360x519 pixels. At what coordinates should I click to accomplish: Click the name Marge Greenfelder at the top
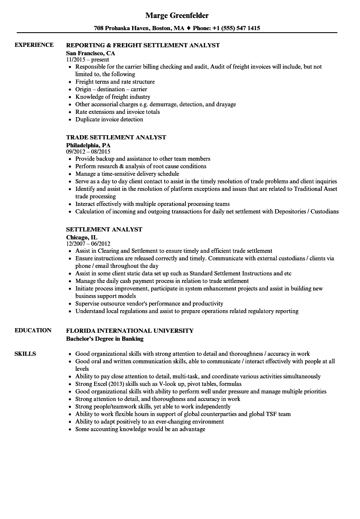tap(177, 15)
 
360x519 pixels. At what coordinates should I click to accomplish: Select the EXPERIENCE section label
tap(34, 45)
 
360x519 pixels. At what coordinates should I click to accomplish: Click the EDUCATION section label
tap(33, 330)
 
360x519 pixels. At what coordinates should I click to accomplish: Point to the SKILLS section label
tap(25, 354)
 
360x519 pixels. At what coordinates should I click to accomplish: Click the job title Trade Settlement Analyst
tap(116, 137)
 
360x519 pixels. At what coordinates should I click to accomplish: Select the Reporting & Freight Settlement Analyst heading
tap(143, 45)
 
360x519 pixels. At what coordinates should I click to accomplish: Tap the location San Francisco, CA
tap(90, 53)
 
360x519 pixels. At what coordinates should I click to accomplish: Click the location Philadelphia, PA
tap(88, 145)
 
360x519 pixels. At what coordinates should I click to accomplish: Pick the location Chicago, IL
tap(82, 237)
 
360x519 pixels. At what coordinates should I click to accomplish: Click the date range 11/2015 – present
tap(87, 60)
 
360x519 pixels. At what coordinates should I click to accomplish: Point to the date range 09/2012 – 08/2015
tap(88, 152)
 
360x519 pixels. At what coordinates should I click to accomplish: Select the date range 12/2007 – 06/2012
tap(88, 244)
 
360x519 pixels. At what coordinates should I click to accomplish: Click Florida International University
tap(130, 331)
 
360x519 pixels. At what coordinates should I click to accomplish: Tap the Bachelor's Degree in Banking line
tap(105, 339)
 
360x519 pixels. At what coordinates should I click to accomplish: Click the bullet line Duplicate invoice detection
tap(109, 119)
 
